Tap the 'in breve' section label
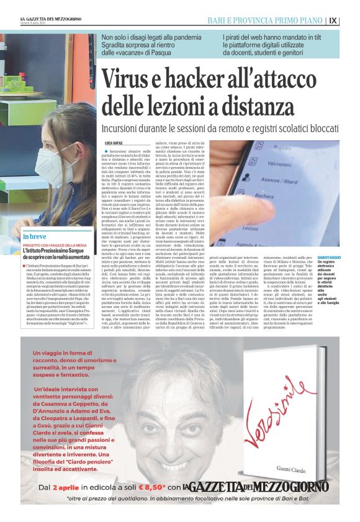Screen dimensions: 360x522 [x=35, y=237]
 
